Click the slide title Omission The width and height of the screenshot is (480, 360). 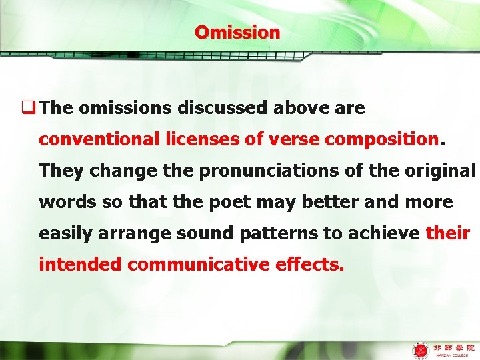pyautogui.click(x=237, y=32)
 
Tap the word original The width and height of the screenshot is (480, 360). pyautogui.click(x=444, y=171)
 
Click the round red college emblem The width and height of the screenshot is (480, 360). pyautogui.click(x=421, y=349)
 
